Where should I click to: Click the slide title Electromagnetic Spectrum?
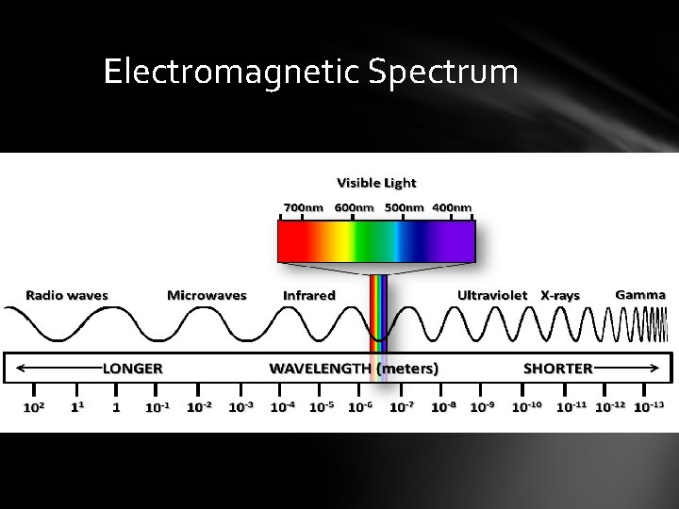(310, 72)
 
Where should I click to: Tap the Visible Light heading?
(376, 183)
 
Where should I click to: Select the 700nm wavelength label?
(304, 207)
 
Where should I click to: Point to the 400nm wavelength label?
(452, 207)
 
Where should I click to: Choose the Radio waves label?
(67, 295)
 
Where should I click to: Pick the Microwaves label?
(207, 295)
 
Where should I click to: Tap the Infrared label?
(309, 295)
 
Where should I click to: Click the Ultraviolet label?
(492, 295)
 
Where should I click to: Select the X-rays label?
(560, 295)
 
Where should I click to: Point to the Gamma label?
(640, 294)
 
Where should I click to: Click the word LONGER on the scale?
(133, 368)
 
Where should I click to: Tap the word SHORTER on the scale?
(558, 368)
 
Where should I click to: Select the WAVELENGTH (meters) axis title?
(354, 368)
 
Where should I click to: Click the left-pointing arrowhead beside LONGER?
(22, 368)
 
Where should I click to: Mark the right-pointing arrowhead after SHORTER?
(656, 368)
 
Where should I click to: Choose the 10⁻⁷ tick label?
(402, 407)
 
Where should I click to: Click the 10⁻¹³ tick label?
(649, 407)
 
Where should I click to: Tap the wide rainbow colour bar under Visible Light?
(376, 239)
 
